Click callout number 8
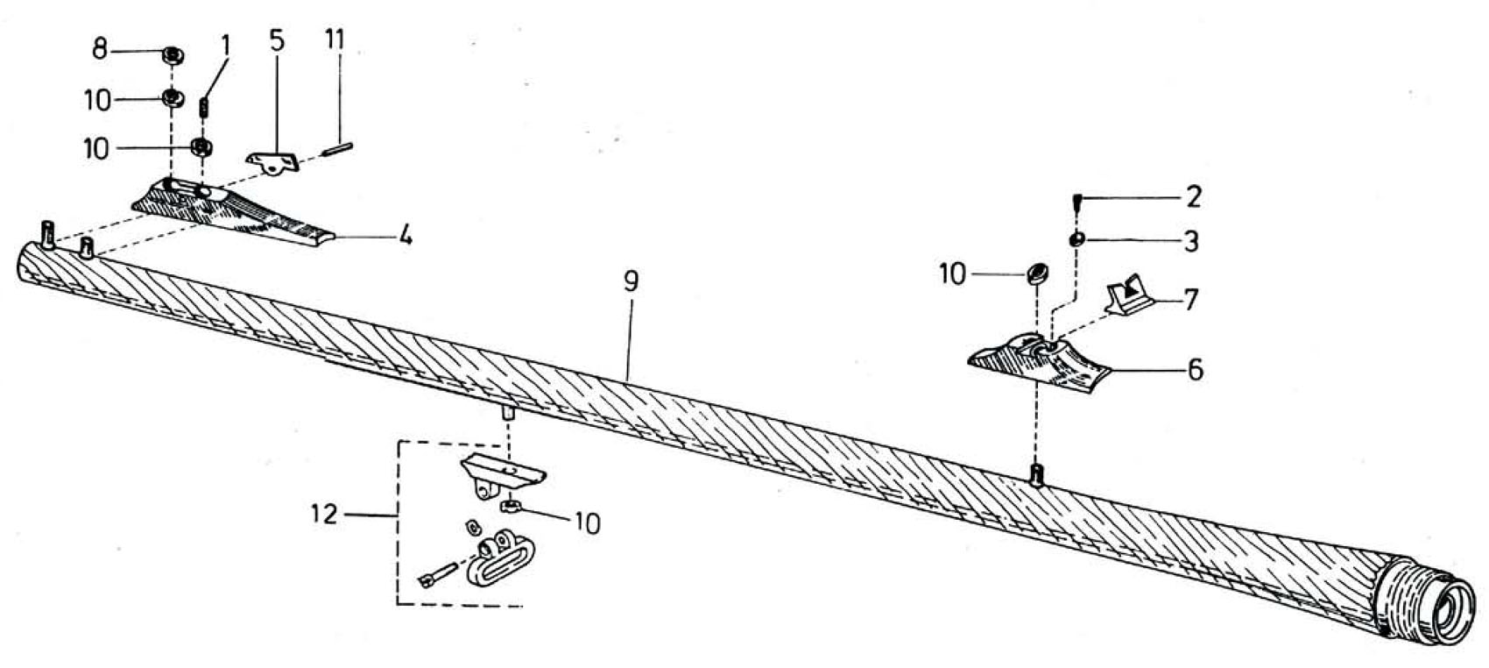tap(100, 49)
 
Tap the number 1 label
tap(226, 46)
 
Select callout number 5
tap(277, 40)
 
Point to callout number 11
tap(335, 39)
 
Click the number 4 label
tap(405, 235)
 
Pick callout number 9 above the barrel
tap(631, 281)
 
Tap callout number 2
tap(1194, 197)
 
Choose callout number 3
tap(1190, 241)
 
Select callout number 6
tap(1196, 369)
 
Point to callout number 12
tap(325, 515)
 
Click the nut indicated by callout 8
tap(173, 56)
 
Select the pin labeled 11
tap(340, 148)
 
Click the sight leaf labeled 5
tap(273, 161)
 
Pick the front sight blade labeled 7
tap(1129, 295)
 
